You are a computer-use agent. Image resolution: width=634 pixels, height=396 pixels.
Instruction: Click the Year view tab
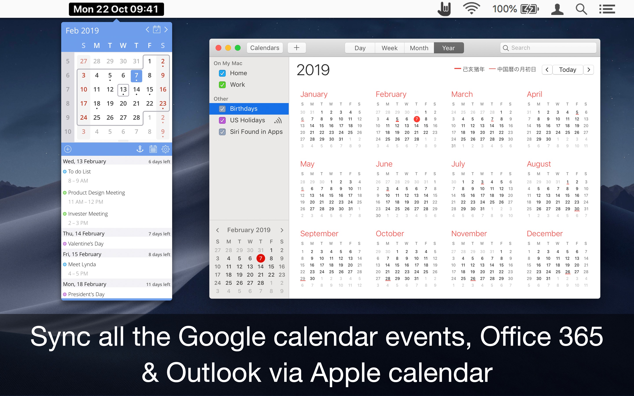coord(448,48)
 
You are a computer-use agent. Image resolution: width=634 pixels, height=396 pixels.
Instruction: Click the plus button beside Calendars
coord(297,48)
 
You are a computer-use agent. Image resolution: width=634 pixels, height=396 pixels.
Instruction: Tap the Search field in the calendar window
coord(548,48)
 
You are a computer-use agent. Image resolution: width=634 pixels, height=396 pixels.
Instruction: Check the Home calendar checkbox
coord(222,73)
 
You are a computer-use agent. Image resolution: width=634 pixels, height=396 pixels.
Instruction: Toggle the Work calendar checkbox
coord(222,85)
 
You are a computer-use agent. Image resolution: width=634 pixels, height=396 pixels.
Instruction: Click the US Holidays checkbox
coord(222,120)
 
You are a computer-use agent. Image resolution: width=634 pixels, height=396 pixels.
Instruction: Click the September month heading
coord(319,233)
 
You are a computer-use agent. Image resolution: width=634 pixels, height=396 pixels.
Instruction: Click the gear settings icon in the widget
coord(165,149)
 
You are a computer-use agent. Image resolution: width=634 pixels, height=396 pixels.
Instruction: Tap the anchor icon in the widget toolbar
coord(140,149)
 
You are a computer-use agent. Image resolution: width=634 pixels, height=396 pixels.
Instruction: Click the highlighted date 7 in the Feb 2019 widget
coord(136,76)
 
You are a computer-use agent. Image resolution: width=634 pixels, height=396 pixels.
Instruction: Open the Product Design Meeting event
coord(96,192)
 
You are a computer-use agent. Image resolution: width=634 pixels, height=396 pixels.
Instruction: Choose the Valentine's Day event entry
coord(86,244)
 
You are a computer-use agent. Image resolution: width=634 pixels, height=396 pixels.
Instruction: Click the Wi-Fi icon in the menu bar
coord(471,9)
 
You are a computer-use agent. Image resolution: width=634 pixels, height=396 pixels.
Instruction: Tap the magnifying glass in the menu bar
coord(581,9)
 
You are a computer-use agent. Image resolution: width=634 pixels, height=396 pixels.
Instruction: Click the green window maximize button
coord(238,48)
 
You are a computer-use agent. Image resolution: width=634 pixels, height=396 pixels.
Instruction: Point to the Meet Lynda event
coord(82,264)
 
